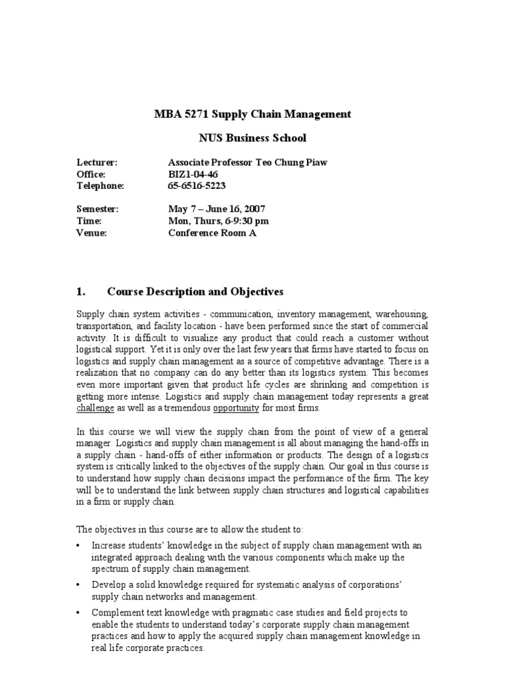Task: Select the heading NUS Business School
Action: pos(252,138)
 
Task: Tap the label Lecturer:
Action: pos(97,163)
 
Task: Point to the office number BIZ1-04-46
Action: pos(193,174)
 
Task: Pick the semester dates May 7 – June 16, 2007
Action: pos(217,209)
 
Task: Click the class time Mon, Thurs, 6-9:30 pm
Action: pos(218,220)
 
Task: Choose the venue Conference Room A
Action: pos(212,232)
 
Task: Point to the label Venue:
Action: pos(91,232)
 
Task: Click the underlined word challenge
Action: pos(96,408)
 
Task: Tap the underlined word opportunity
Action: pos(236,408)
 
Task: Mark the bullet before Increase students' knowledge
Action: pos(79,546)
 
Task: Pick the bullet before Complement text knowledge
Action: pos(79,613)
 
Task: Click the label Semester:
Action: pos(97,209)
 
